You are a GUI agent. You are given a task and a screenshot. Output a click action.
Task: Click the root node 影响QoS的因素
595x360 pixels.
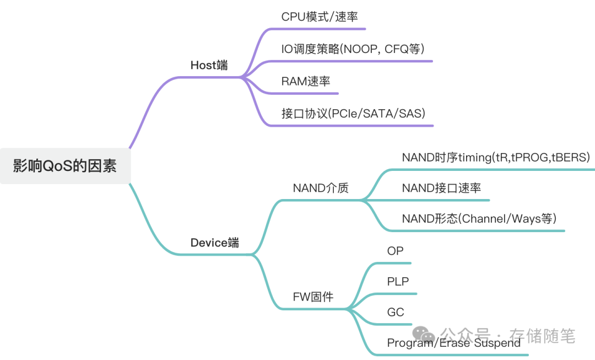(x=65, y=166)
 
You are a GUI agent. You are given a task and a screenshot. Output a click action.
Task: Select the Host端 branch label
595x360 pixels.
(x=209, y=65)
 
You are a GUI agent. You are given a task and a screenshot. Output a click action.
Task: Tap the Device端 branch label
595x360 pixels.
(x=215, y=243)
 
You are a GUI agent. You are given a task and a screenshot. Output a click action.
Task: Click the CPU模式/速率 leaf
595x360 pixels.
(x=316, y=17)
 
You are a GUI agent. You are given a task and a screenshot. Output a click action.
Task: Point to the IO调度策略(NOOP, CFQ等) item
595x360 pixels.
(x=353, y=49)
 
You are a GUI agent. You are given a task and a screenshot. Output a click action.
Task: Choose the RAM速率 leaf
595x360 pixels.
(x=306, y=81)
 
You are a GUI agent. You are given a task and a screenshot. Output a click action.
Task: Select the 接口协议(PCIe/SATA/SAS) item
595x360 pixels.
(x=354, y=114)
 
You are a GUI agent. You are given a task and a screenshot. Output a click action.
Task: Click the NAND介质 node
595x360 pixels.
(x=321, y=188)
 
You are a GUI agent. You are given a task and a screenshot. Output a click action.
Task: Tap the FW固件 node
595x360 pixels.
(x=313, y=297)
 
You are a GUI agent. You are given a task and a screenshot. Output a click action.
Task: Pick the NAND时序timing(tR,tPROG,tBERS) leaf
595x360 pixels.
(x=496, y=157)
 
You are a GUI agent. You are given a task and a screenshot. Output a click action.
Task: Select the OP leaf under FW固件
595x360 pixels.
(x=395, y=251)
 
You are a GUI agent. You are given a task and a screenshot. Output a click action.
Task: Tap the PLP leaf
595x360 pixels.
(x=398, y=282)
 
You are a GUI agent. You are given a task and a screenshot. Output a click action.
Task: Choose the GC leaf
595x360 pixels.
(x=396, y=312)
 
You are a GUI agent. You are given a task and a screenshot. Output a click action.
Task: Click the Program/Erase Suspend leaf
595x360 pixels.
(x=453, y=343)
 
